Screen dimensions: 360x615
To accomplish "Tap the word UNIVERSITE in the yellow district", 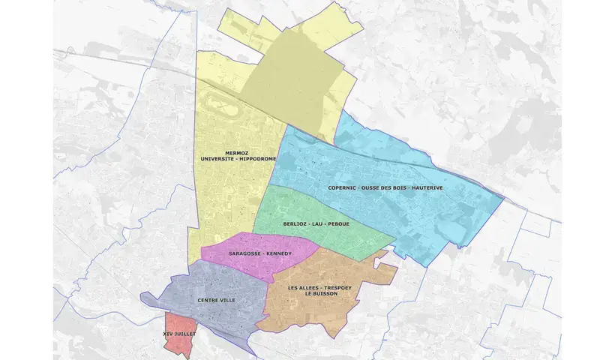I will click(217, 159).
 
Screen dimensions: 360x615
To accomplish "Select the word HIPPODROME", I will click(257, 159).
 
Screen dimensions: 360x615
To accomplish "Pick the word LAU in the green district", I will click(323, 223).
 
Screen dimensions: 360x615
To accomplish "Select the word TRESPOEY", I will click(340, 287).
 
